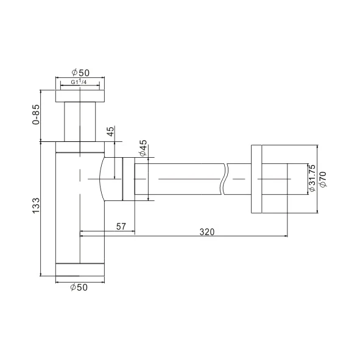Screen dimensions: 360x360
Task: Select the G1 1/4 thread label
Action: (x=79, y=82)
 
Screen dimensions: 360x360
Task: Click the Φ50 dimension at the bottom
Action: (x=79, y=288)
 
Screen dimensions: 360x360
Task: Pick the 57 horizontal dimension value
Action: (x=121, y=227)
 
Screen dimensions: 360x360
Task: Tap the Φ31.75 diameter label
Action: (x=311, y=178)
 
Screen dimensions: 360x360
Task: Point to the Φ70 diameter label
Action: (x=323, y=180)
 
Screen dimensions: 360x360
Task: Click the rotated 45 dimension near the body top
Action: (x=110, y=132)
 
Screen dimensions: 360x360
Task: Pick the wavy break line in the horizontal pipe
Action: (x=225, y=178)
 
